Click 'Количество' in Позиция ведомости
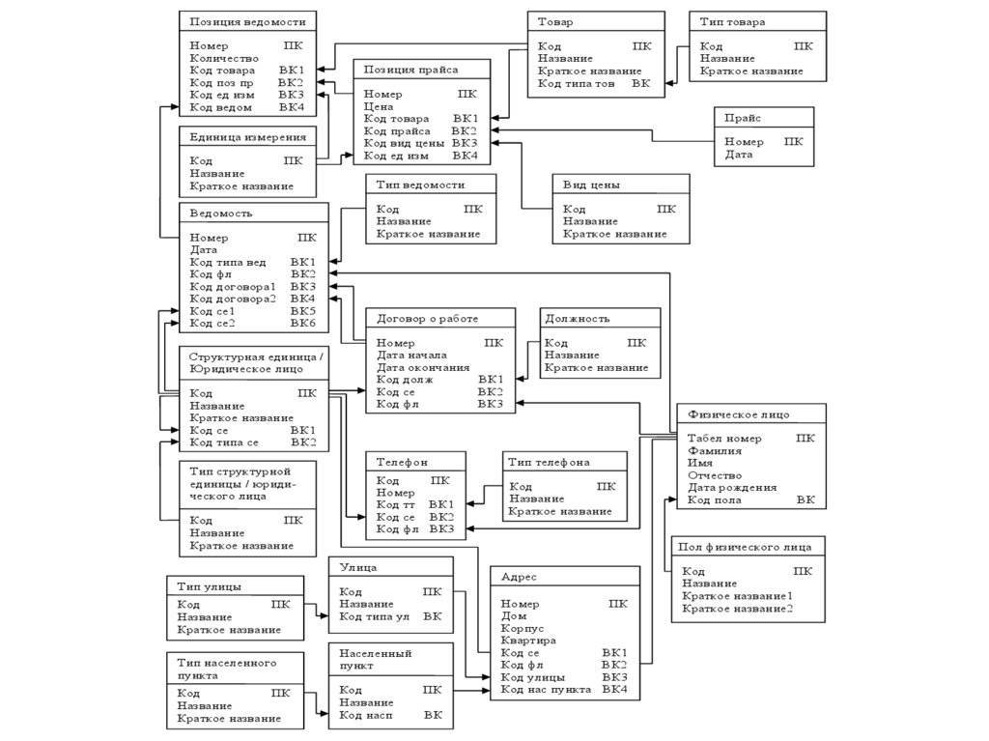pos(224,58)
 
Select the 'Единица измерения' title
pos(247,137)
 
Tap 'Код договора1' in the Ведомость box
pos(233,287)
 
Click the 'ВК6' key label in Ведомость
pos(302,324)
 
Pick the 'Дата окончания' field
pos(423,368)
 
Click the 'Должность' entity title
pos(577,318)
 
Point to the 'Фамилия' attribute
pos(714,451)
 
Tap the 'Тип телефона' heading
pos(549,463)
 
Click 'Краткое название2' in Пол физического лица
pos(737,609)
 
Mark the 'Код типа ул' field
pos(375,616)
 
